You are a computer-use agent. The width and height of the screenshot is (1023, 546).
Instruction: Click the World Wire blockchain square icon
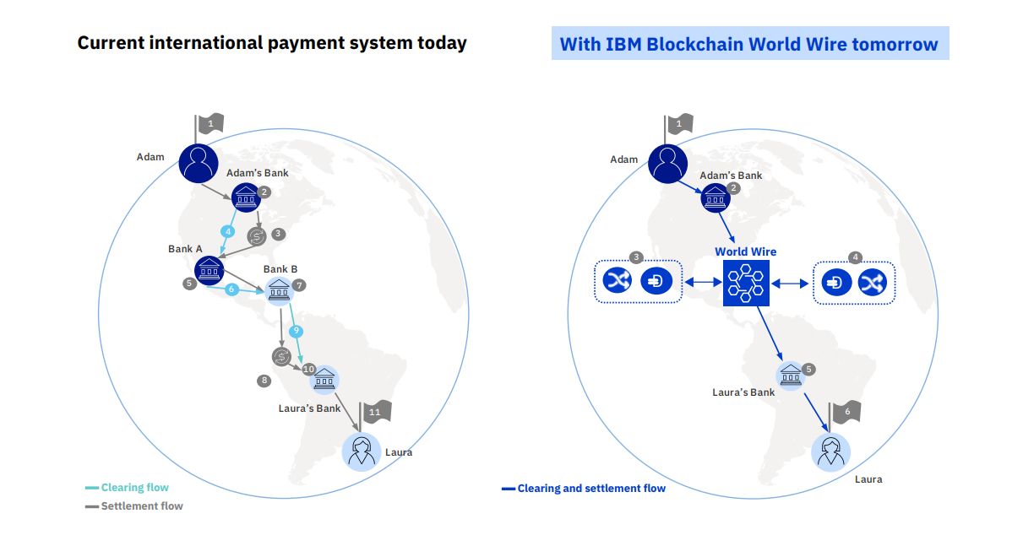747,283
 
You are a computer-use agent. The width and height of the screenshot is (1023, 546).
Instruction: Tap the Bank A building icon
209,270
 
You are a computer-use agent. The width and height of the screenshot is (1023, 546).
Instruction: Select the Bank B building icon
280,289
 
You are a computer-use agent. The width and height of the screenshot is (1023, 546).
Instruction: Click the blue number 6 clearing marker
231,289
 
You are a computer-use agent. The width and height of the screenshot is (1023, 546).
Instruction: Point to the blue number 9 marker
296,331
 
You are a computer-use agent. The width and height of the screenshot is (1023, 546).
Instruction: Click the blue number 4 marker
226,231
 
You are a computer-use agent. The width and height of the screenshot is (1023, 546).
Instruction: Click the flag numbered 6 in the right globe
847,411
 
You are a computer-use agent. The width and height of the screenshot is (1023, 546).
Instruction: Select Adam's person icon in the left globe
198,162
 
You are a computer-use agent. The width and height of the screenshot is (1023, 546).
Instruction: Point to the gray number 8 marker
264,381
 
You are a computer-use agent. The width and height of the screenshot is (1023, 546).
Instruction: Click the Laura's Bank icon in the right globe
791,375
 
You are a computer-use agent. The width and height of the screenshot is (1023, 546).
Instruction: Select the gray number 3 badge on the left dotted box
637,257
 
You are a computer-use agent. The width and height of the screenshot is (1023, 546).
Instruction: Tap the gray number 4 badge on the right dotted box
855,257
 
